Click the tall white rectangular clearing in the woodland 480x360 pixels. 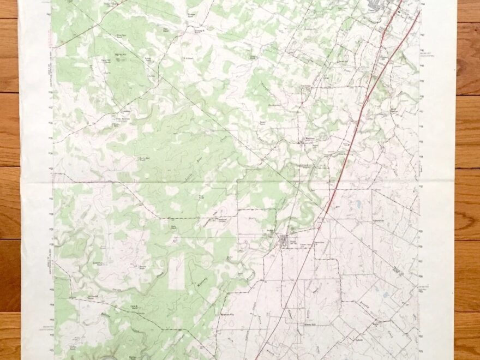click(x=176, y=272)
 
